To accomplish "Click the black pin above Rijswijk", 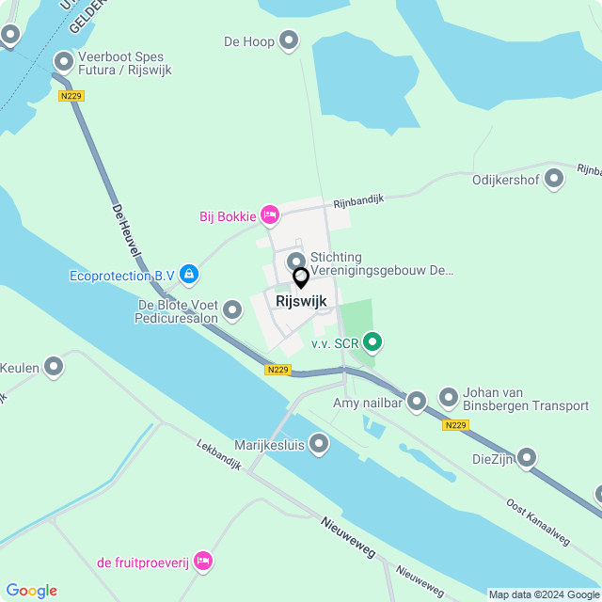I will (301, 278).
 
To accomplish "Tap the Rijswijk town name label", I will (301, 301).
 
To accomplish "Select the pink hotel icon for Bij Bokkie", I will (269, 215).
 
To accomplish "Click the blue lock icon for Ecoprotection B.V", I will (190, 275).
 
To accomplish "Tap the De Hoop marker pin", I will (289, 40).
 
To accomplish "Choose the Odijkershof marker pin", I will (554, 177).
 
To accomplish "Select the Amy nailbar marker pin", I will (417, 402).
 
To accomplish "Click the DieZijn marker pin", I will (526, 458).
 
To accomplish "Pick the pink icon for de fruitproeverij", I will (203, 562).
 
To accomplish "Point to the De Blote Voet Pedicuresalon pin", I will (232, 309).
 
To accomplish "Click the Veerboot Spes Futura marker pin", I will (64, 62).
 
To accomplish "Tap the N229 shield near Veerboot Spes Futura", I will (70, 96).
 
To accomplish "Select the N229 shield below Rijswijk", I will (277, 370).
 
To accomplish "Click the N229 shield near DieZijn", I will (455, 425).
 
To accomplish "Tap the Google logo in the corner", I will (31, 591).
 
